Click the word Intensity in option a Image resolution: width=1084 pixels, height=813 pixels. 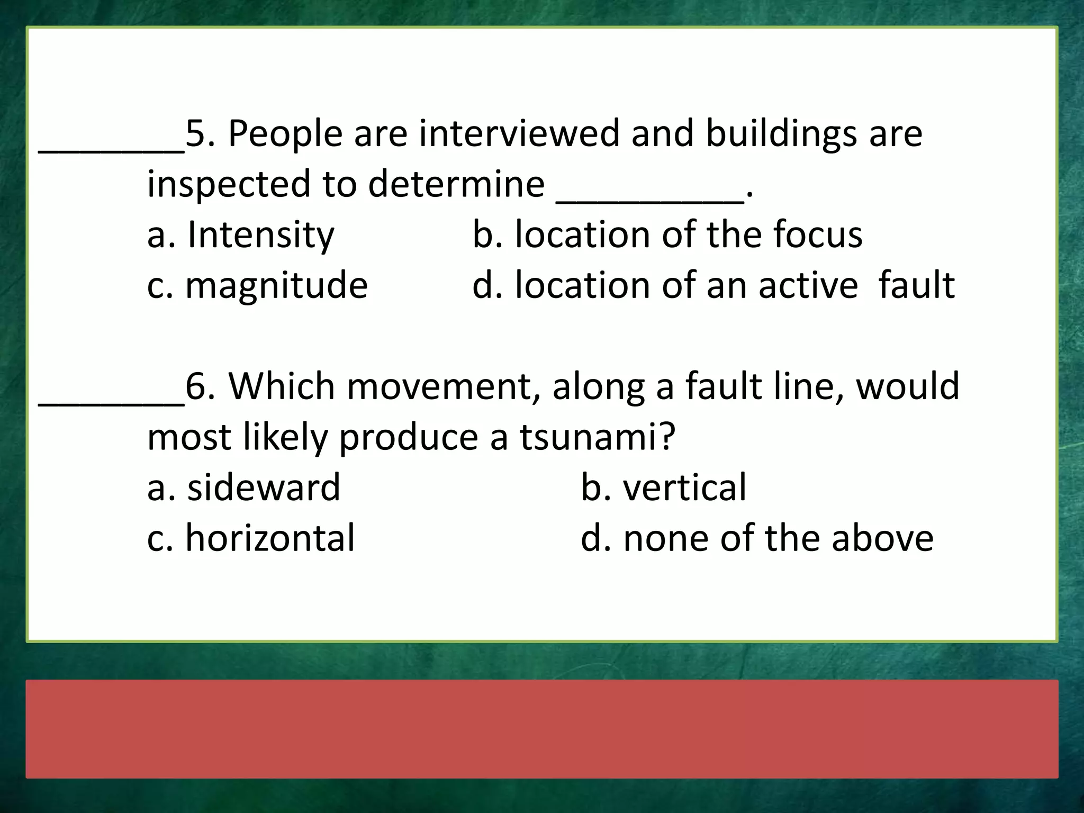260,234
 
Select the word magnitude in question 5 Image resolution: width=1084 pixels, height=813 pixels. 276,286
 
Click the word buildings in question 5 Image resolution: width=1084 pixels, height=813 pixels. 781,133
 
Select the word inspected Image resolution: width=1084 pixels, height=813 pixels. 229,184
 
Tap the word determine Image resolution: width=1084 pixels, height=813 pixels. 456,184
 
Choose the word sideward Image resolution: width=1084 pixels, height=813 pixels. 264,487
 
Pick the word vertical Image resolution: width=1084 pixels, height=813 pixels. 684,487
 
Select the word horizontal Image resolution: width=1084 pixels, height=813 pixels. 270,538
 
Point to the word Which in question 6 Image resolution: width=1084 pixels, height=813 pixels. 282,387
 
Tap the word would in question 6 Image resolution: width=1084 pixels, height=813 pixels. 908,387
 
